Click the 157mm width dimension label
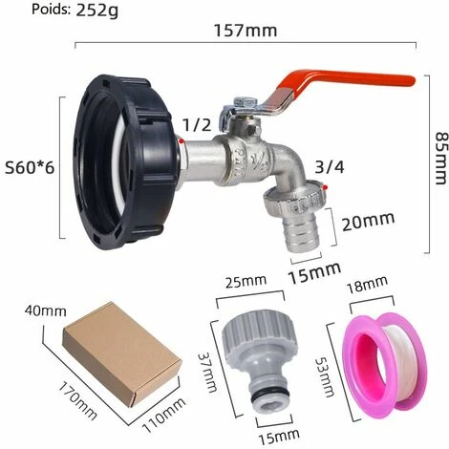point(246,31)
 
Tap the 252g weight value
point(97,11)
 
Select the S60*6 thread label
point(30,168)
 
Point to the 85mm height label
point(442,159)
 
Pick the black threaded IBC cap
point(126,161)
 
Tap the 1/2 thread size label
point(197,125)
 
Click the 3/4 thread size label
point(330,167)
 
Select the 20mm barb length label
point(369,221)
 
